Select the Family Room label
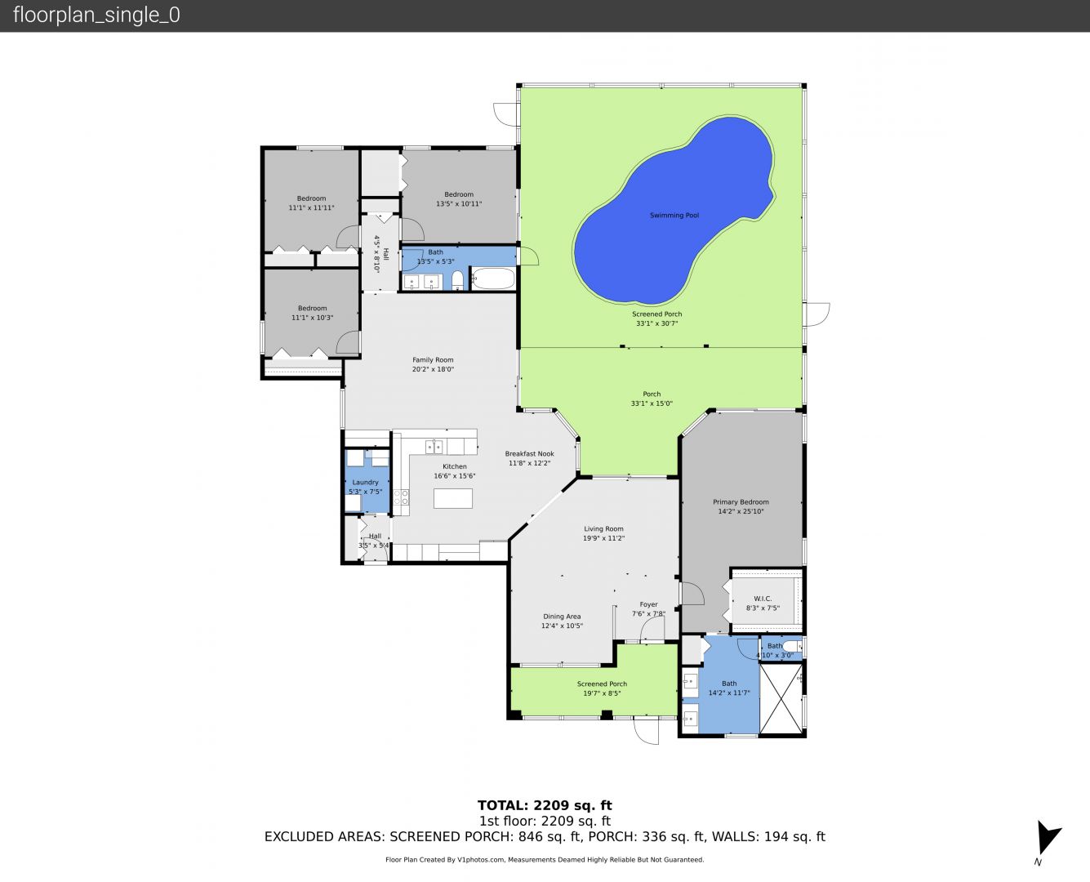433,360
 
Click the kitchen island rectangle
453,498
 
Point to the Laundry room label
365,483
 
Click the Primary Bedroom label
741,502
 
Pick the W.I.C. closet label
763,599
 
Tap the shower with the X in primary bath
781,699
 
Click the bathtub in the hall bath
493,279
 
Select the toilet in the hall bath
458,281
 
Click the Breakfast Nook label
529,454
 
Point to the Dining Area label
562,617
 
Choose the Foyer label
648,605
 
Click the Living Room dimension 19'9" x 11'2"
603,538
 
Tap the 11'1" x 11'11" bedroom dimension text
311,207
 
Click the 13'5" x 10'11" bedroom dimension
459,203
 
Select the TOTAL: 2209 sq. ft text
545,806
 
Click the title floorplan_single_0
96,15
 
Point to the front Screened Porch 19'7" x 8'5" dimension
602,693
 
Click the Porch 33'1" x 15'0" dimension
652,403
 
